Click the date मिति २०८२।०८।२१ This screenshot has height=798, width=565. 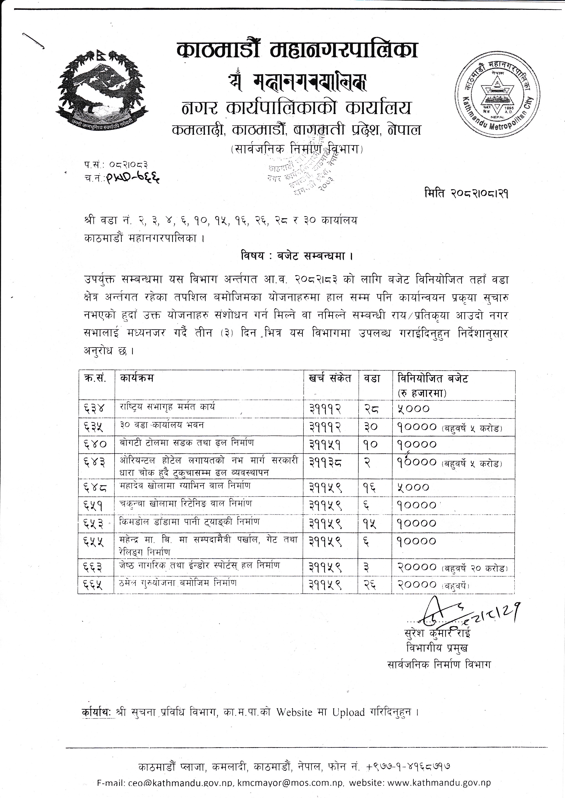[x=466, y=193]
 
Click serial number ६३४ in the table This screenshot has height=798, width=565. [x=94, y=409]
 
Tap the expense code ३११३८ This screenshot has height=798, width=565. [x=325, y=462]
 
